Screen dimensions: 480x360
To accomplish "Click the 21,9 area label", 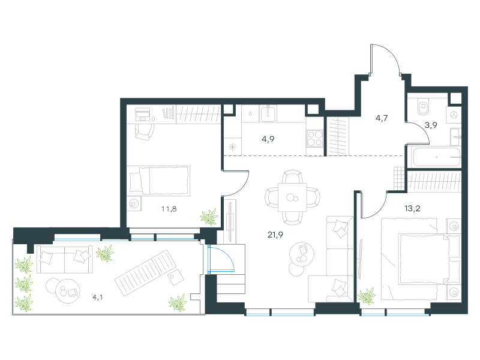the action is pos(275,235).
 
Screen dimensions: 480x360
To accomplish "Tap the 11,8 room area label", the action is pos(169,209).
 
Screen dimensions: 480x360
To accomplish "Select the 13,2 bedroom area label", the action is pos(412,209).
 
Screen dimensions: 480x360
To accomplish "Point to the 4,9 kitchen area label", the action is pos(268,139).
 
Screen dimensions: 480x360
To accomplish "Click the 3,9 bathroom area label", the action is pos(431,125).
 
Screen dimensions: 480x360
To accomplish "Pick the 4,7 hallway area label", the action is pos(382,118).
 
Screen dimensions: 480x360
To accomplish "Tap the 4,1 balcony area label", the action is pos(98,297).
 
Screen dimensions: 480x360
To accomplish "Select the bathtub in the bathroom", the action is pos(437,157).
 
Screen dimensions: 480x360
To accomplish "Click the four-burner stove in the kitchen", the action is pos(314,138).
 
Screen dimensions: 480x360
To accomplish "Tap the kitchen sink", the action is pos(268,113).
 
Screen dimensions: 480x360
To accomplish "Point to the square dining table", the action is pos(292,197).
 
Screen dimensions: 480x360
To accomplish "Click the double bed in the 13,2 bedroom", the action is pos(421,259).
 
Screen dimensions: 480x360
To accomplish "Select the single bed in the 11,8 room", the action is pos(158,181).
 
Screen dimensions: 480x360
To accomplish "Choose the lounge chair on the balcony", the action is pos(145,273).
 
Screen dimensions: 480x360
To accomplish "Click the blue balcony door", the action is pos(221,259).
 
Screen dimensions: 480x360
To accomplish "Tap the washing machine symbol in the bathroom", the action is pos(454,115).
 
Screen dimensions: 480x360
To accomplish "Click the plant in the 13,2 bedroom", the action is pos(367,296).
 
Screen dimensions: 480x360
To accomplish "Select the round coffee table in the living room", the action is pos(302,254).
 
